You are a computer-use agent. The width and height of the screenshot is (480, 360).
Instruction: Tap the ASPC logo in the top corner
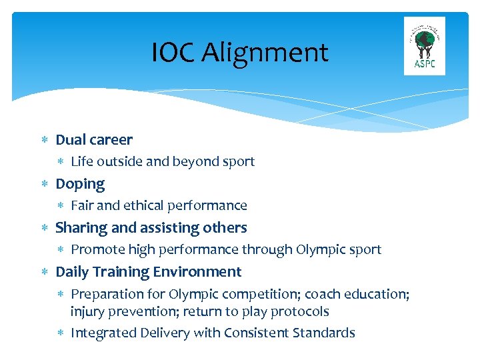[424, 46]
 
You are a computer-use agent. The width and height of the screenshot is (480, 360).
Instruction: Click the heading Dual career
[94, 140]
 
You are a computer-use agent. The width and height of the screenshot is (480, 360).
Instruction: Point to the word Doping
[80, 184]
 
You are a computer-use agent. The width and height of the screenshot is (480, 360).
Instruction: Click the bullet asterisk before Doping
[44, 184]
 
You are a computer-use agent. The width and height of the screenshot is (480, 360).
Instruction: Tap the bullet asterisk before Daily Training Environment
[44, 272]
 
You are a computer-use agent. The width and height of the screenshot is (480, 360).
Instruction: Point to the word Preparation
[105, 294]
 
